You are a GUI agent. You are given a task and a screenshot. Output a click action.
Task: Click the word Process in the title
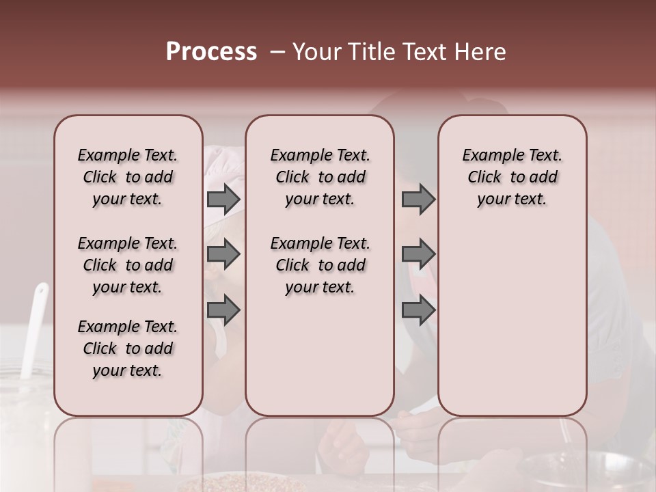pos(211,52)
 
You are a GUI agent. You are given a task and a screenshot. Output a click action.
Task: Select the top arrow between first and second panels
pos(223,199)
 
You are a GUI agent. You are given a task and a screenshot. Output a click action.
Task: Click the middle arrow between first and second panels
pos(223,254)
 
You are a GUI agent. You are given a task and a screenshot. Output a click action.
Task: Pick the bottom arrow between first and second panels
pos(223,310)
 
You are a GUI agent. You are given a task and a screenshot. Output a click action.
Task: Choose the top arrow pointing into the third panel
pos(418,199)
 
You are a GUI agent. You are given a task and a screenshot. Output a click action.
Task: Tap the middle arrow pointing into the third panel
pos(418,254)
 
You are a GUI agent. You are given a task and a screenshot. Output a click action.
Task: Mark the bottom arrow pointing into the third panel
pos(418,310)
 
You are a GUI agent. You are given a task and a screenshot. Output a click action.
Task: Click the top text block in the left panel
pos(128,177)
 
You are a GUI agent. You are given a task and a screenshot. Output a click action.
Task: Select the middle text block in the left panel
pos(128,265)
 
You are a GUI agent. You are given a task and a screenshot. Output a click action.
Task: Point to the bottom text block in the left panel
pos(128,348)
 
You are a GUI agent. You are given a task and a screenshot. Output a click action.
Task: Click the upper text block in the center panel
pos(320,177)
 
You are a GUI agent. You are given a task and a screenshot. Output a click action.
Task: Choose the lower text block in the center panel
pos(320,265)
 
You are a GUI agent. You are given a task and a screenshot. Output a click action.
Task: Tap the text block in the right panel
pos(512,177)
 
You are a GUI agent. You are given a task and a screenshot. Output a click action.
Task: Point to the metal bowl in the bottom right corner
pos(601,471)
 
